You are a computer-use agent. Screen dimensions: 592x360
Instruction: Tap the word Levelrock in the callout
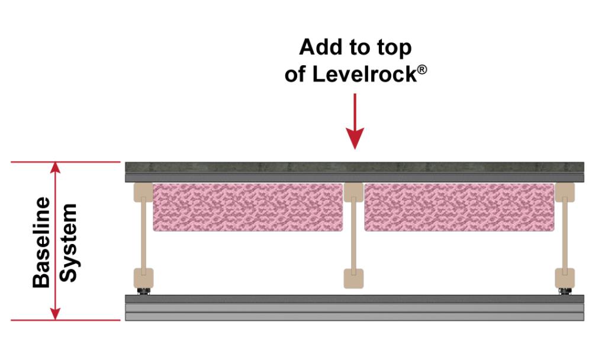[364, 74]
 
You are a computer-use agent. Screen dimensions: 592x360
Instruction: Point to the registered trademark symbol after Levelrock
[422, 69]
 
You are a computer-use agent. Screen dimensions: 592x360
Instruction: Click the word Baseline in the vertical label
[41, 243]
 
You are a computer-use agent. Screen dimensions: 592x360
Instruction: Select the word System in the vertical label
[68, 243]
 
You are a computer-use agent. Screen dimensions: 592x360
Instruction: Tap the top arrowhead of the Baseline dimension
[56, 168]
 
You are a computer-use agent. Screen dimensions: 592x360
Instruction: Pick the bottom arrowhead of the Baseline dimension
[56, 314]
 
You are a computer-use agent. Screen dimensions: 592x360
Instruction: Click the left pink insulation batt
[247, 207]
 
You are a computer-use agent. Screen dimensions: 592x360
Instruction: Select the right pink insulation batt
[459, 207]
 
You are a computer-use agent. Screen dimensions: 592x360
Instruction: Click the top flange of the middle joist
[353, 192]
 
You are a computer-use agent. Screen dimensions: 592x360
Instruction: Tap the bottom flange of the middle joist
[353, 278]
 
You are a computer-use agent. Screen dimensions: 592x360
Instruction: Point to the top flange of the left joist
[143, 192]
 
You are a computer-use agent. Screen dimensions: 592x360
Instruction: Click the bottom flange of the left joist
[143, 278]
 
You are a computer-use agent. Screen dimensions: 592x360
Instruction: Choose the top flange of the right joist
[565, 192]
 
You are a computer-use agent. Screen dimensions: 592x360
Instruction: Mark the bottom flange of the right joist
[565, 278]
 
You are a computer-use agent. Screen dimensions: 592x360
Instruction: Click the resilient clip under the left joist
[143, 291]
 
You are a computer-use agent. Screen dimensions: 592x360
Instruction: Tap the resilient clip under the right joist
[565, 291]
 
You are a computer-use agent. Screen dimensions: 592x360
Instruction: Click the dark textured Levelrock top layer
[355, 167]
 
